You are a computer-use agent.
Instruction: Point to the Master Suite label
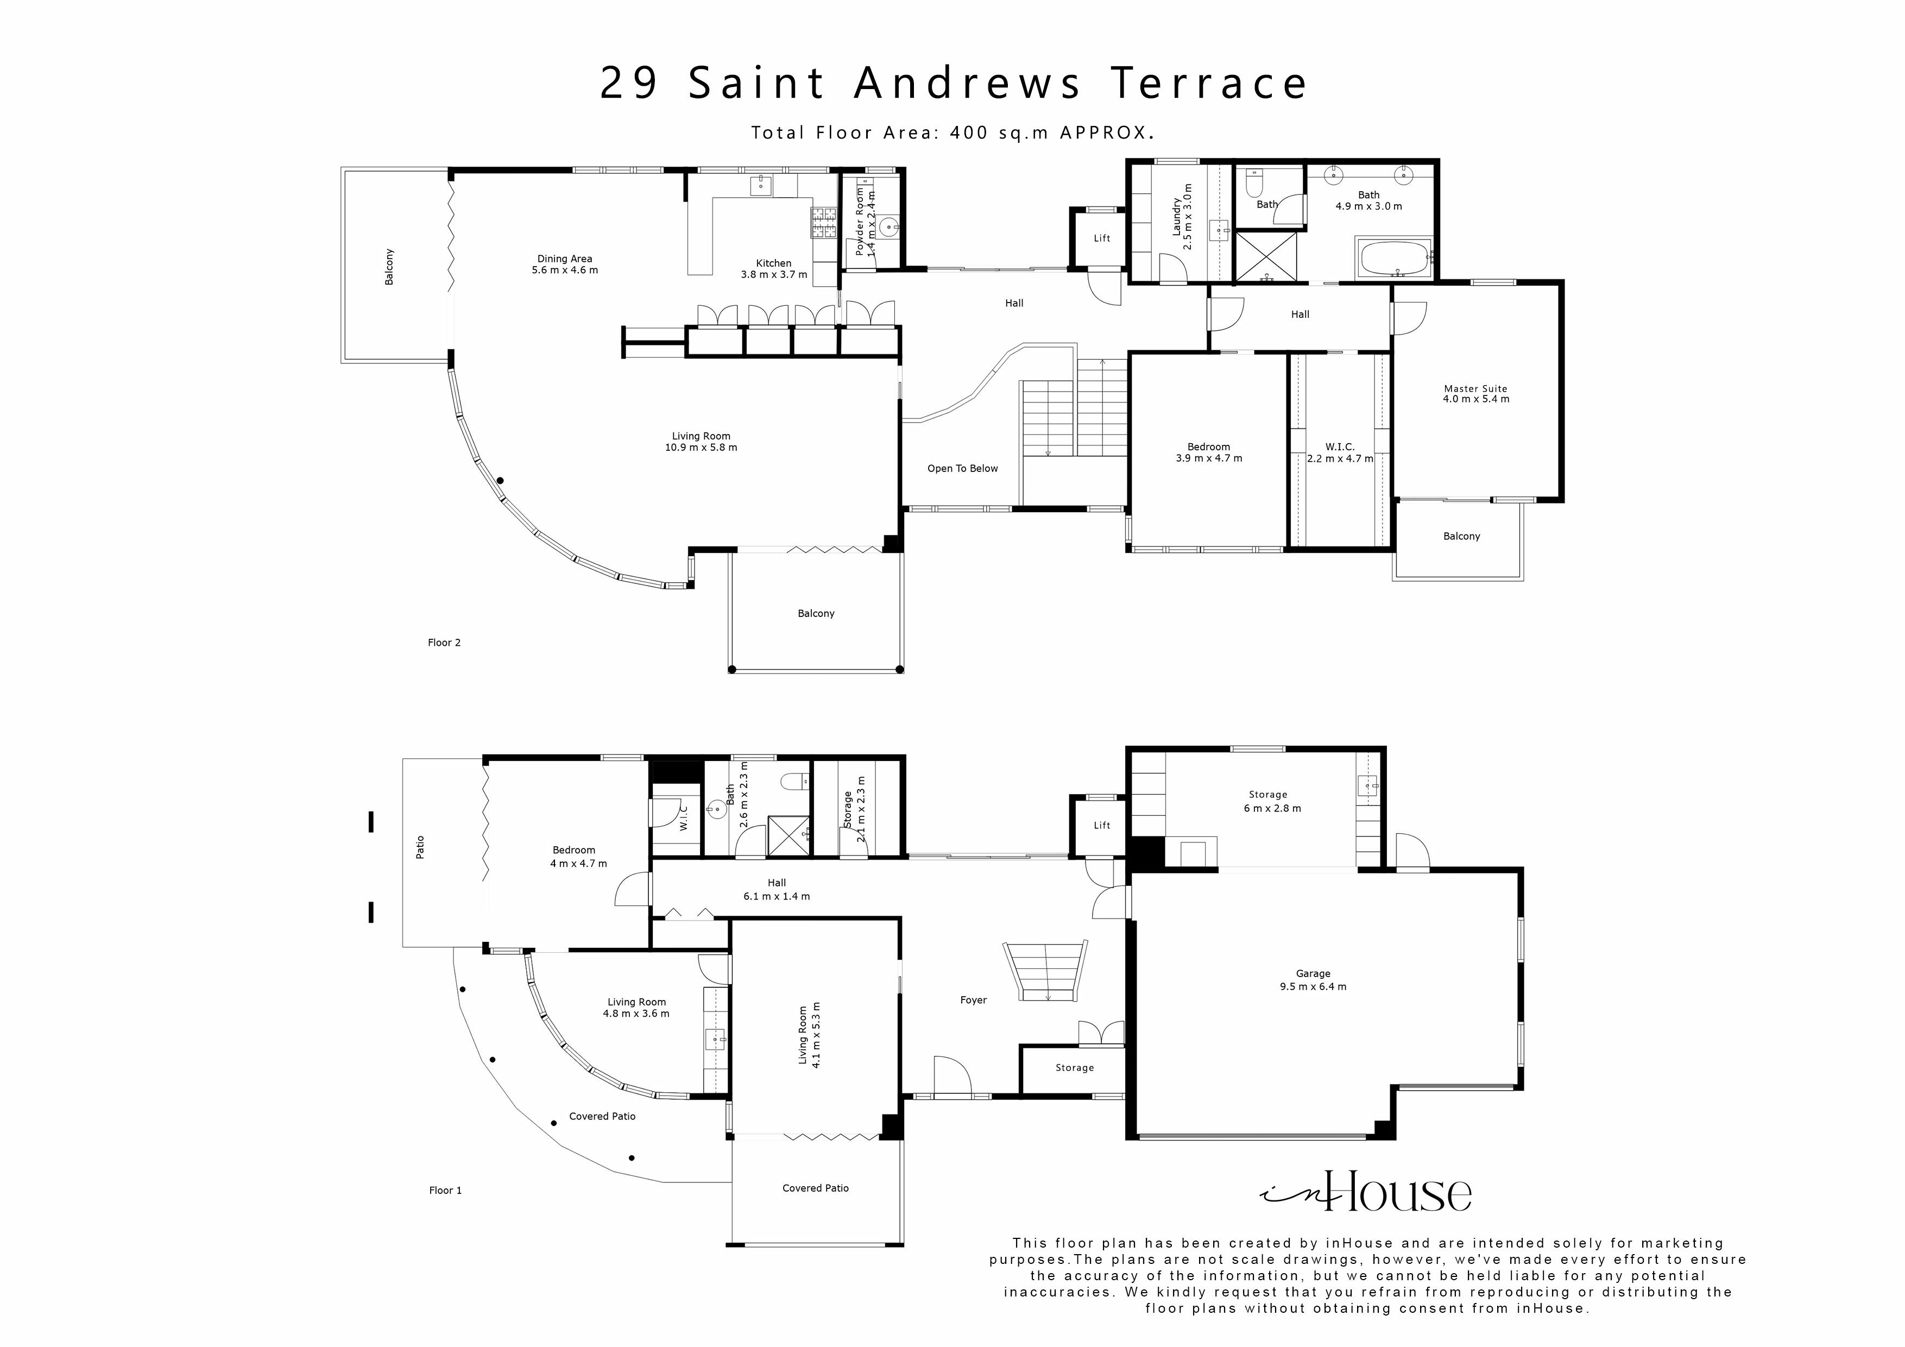click(1475, 393)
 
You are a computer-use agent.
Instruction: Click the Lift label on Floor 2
click(1102, 238)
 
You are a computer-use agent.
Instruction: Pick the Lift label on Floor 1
click(1102, 825)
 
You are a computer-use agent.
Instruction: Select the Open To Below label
click(962, 469)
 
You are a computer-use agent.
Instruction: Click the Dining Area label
click(564, 264)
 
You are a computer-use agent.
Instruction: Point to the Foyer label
click(973, 1000)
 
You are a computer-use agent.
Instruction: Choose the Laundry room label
click(1182, 217)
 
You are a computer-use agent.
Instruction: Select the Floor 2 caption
click(444, 643)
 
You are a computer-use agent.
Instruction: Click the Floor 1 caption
click(445, 1190)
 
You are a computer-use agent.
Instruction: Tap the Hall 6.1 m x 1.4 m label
click(777, 890)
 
